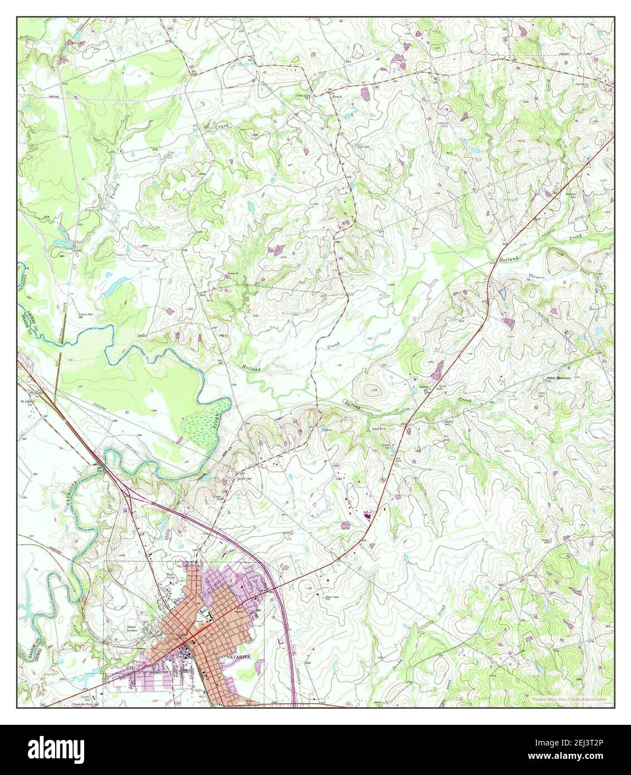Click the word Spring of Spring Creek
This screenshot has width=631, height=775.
[352, 406]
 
